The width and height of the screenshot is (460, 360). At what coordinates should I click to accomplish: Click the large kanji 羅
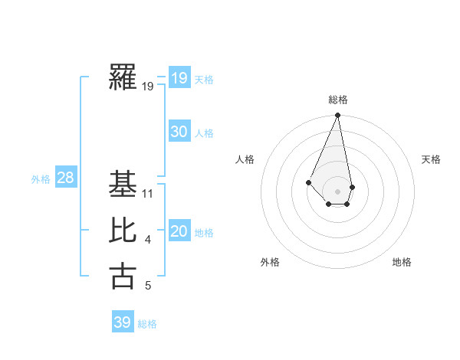[123, 77]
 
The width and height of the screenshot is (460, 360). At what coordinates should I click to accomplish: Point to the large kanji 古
[123, 276]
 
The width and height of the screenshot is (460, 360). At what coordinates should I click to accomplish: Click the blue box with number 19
[179, 78]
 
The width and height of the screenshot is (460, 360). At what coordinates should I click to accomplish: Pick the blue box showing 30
[179, 132]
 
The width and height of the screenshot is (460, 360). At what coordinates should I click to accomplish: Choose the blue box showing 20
[179, 231]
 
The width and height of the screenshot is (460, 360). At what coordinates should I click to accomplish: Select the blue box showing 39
[122, 322]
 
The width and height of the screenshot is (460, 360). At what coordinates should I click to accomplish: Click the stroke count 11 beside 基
[149, 194]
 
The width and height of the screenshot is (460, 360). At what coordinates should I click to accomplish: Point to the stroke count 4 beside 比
[148, 241]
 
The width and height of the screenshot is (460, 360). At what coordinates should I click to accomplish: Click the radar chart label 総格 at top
[337, 100]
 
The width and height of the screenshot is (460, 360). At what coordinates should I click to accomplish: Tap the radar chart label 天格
[431, 159]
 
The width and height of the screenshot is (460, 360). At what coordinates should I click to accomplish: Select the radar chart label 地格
[402, 262]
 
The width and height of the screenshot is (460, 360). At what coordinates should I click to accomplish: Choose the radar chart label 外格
[270, 262]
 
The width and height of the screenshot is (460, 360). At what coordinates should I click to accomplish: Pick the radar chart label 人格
[245, 159]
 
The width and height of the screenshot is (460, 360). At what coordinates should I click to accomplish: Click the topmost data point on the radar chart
[337, 116]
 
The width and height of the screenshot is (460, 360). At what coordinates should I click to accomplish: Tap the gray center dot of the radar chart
[337, 191]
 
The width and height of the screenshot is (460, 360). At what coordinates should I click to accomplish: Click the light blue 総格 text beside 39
[147, 324]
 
